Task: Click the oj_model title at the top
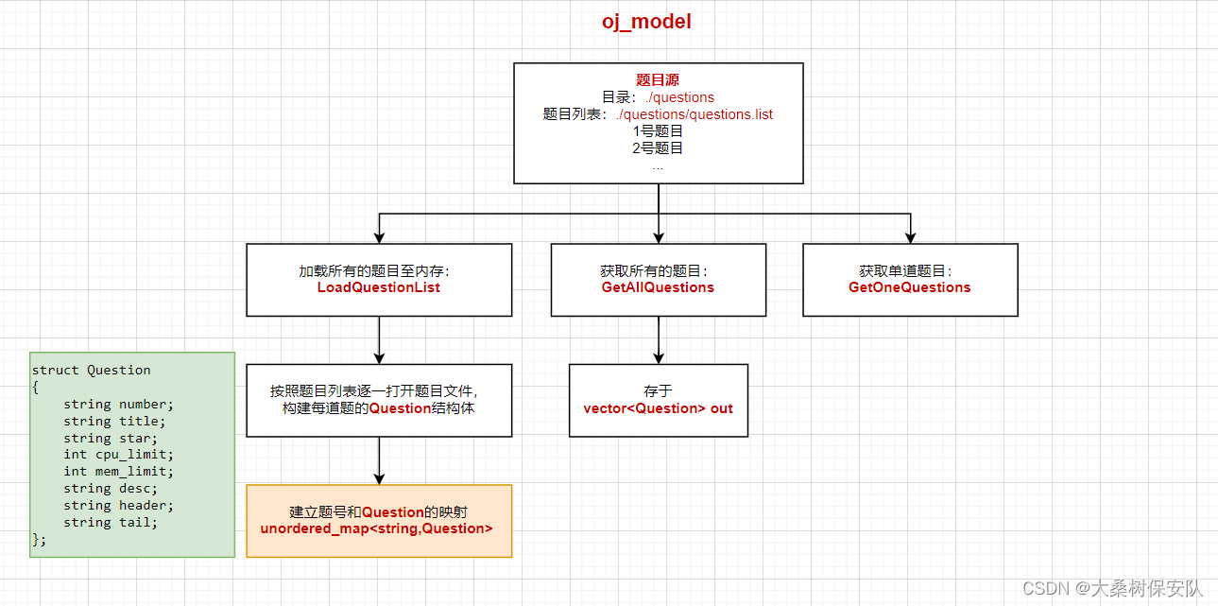point(646,21)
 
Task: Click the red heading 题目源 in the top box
point(658,80)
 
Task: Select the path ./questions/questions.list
point(694,114)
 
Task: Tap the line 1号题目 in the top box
point(658,131)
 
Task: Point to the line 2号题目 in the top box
point(658,147)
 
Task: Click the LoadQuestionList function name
point(378,287)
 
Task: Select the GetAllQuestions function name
point(658,287)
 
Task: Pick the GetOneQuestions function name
point(909,287)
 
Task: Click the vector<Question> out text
point(658,408)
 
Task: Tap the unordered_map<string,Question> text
point(376,528)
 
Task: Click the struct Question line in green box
point(91,370)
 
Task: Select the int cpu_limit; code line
point(119,455)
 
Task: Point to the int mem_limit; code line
point(119,471)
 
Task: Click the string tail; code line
point(111,522)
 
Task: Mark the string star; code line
point(111,438)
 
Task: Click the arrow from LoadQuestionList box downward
point(379,339)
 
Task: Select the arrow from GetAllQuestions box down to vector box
point(659,339)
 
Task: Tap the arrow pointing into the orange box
point(379,460)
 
